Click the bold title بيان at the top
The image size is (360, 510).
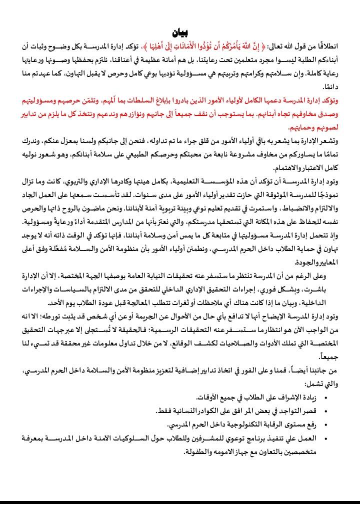click(x=180, y=33)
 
